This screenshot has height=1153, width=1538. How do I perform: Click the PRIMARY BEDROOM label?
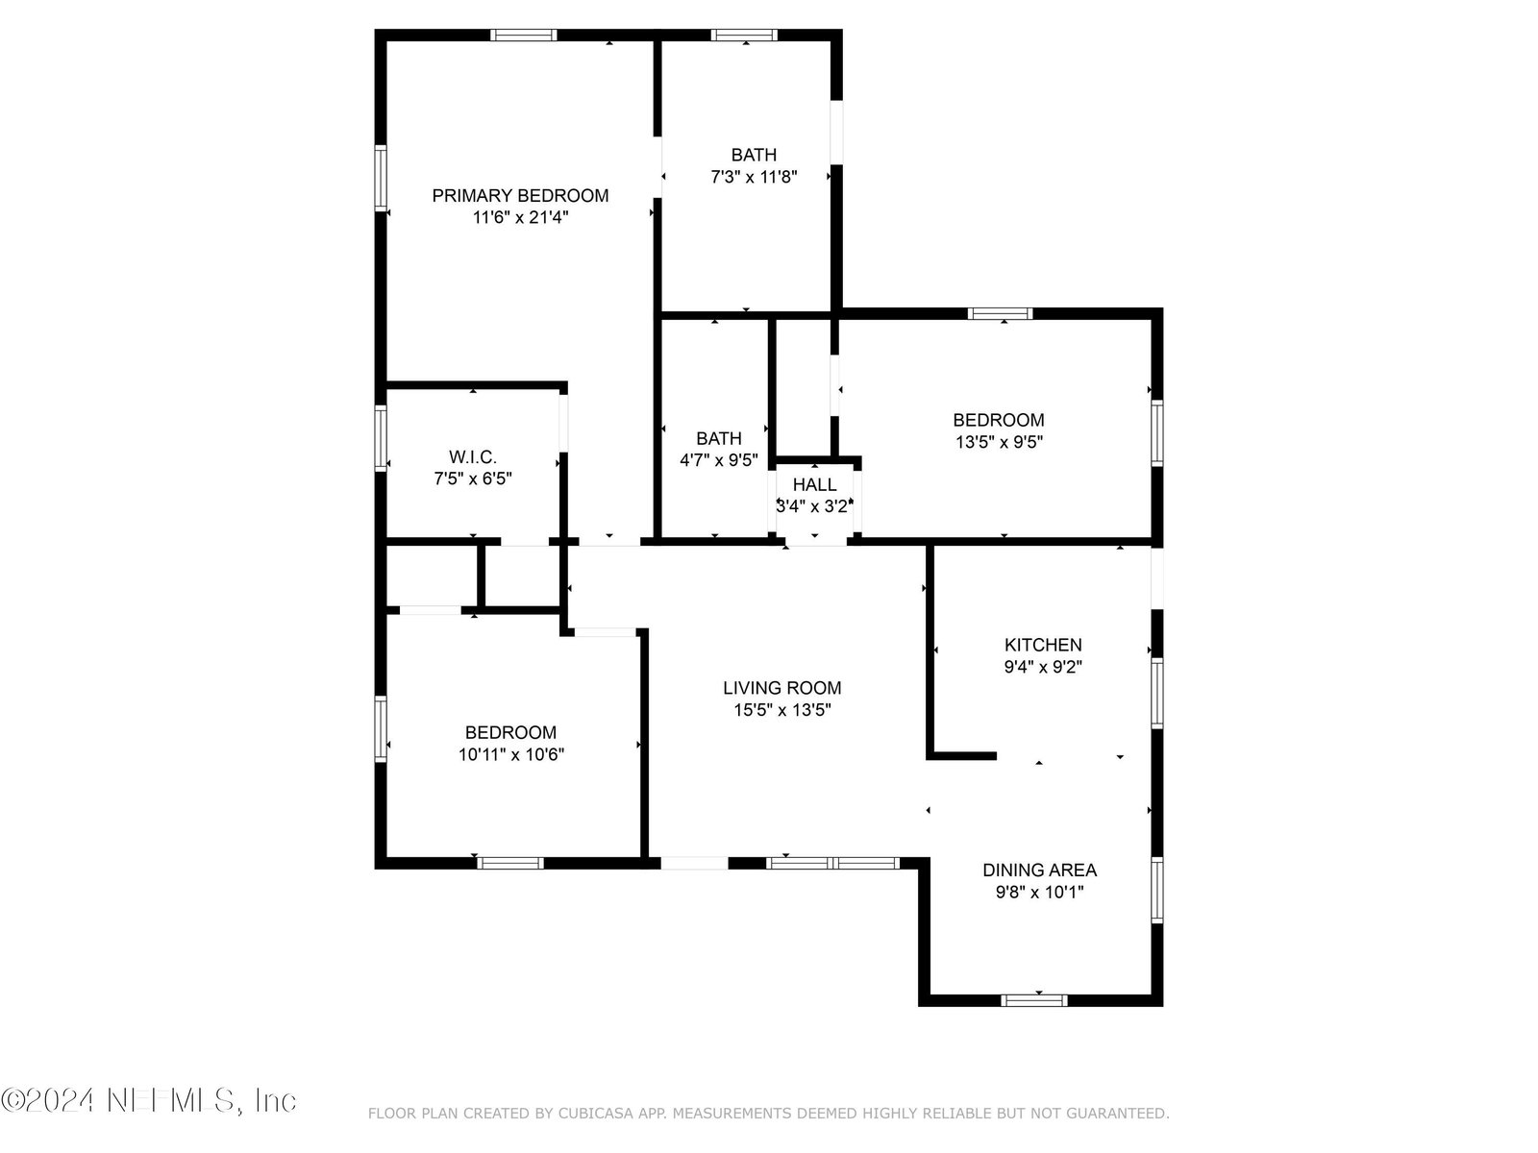520,195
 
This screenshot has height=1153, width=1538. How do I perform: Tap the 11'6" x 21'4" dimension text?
520,218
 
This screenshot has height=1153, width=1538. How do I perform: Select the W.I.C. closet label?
473,457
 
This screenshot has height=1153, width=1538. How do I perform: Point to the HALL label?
814,484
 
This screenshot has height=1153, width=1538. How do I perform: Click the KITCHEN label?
1043,645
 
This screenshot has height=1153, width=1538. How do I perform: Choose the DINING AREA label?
1039,871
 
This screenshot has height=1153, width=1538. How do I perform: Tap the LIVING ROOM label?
781,688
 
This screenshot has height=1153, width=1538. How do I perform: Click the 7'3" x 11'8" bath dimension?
754,177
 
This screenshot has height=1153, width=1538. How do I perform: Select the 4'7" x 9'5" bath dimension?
719,460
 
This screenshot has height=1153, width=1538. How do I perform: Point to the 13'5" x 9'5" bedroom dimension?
999,442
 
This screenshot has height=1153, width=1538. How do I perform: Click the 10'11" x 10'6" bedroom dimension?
510,754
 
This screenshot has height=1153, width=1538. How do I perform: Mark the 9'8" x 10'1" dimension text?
1039,892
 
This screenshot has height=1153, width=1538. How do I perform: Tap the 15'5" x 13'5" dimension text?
781,710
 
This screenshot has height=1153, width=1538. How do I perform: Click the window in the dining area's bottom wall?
1033,1000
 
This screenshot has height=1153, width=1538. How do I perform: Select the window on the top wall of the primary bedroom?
524,35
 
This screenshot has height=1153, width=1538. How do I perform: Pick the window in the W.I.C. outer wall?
381,438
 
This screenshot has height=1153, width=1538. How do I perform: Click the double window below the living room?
831,863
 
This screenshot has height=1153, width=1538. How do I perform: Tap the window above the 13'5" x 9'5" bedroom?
1000,313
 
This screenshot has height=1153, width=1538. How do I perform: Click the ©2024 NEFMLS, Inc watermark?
149,1100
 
